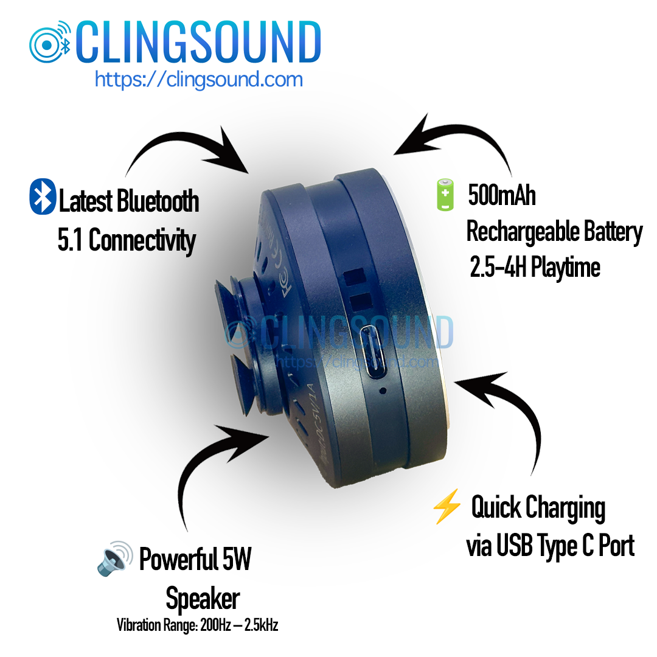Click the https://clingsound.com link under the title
198,79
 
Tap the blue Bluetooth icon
43,196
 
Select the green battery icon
445,195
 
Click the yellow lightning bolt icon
445,509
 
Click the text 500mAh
501,196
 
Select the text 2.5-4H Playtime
535,268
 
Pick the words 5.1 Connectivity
127,241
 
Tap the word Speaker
203,599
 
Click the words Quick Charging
538,509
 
